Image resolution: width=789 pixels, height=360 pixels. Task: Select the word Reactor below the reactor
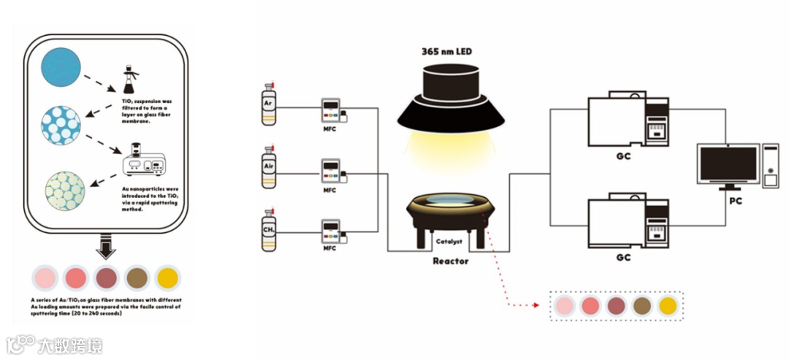(x=450, y=261)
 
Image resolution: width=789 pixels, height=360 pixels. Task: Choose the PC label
(x=735, y=201)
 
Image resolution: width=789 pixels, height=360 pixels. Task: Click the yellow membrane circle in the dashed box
(x=668, y=306)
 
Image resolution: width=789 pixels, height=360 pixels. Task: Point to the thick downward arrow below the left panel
(x=106, y=247)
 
